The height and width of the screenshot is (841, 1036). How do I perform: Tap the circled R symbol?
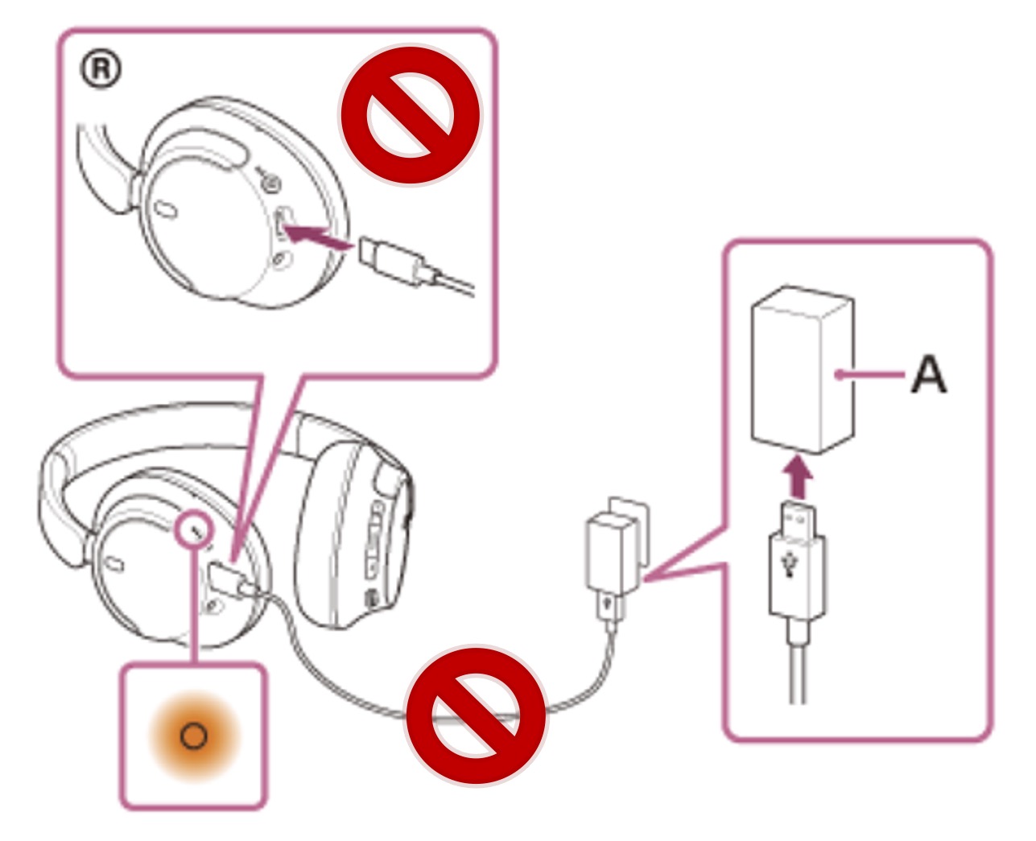point(101,70)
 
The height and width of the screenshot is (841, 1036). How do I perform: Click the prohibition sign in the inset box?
point(410,113)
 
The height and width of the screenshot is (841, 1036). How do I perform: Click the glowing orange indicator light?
point(193,736)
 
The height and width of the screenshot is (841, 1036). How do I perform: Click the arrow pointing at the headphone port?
point(319,237)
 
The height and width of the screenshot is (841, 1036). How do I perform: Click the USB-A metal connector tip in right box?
point(796,513)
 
